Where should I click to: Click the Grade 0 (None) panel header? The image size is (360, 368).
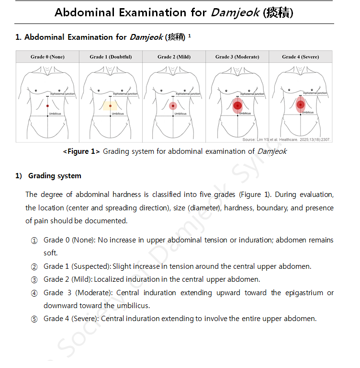[x=47, y=57]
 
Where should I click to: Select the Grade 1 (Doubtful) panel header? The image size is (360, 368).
[x=111, y=57]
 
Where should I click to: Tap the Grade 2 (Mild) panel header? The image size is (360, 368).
[x=174, y=57]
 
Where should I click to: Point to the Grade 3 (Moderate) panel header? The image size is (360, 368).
[x=237, y=57]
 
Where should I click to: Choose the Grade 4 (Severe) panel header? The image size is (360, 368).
[x=300, y=57]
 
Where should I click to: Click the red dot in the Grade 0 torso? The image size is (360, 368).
[x=48, y=105]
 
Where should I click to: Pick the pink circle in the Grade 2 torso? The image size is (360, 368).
[x=173, y=105]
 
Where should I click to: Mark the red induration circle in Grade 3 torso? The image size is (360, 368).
[x=237, y=106]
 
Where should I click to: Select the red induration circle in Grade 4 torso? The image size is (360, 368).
[x=300, y=104]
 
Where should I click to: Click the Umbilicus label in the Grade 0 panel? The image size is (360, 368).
[x=55, y=114]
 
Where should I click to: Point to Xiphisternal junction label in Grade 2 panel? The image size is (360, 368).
[x=187, y=94]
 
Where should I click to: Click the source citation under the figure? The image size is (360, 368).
[x=286, y=139]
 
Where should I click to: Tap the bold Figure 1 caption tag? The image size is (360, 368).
[x=81, y=151]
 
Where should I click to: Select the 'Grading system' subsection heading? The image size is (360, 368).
[x=55, y=176]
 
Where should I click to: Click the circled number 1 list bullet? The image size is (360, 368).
[x=34, y=240]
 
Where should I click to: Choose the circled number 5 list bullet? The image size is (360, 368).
[x=34, y=319]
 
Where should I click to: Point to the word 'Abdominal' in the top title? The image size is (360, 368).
[x=85, y=12]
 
